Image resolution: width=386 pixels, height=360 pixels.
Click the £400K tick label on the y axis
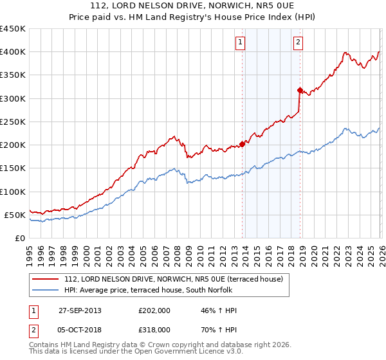(12, 52)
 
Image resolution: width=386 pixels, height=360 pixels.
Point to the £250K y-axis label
(12, 122)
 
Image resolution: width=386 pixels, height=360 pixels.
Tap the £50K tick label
(15, 215)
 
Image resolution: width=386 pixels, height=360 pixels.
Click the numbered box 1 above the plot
(240, 43)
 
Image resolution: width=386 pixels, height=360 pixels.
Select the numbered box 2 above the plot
(299, 43)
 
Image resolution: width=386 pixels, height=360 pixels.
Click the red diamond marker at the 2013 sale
(242, 144)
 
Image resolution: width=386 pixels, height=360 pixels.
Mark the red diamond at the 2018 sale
(300, 90)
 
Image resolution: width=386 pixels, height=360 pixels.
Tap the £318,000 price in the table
(154, 329)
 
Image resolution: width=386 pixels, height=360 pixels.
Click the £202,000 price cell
(154, 310)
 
